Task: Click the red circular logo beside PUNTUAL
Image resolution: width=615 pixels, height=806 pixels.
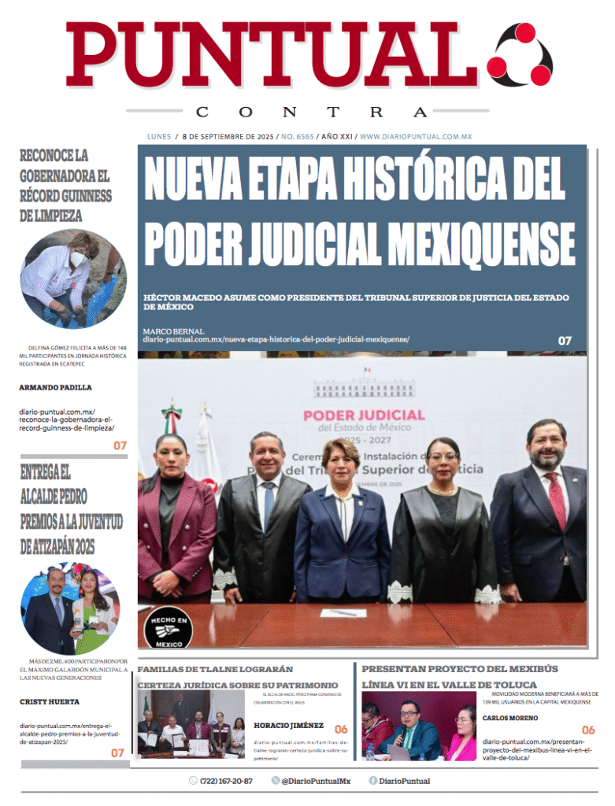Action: tap(521, 55)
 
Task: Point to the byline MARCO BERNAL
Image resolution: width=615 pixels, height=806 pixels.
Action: tap(173, 331)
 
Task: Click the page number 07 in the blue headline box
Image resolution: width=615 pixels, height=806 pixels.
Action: tap(565, 341)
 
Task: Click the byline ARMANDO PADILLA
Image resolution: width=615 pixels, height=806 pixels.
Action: tap(55, 387)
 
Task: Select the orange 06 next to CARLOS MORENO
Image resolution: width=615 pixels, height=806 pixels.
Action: tap(588, 730)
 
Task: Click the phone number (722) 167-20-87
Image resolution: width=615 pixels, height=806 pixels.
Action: tap(226, 781)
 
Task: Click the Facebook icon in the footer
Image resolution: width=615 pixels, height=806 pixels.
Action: tap(373, 781)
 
